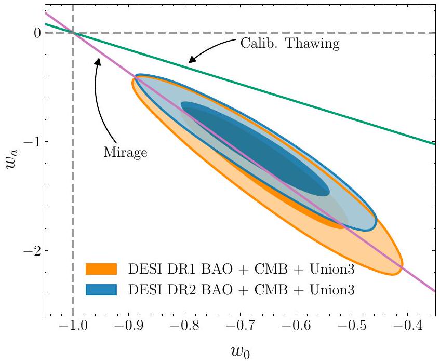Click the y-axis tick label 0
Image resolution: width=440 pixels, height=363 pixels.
click(x=35, y=33)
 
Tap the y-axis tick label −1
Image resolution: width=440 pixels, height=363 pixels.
click(x=31, y=142)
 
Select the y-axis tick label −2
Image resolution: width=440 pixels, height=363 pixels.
click(x=31, y=251)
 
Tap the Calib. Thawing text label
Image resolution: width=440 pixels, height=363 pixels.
click(x=289, y=44)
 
